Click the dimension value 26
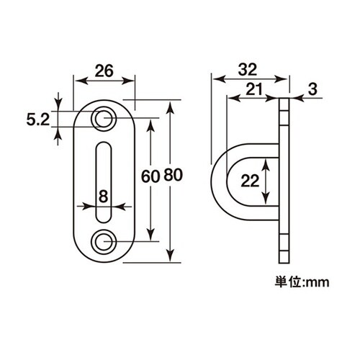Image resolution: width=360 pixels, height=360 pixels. (104, 71)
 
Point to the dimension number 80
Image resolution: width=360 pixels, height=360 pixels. (173, 176)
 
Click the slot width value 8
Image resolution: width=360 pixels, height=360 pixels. (104, 195)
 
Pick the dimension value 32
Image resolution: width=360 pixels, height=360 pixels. (250, 71)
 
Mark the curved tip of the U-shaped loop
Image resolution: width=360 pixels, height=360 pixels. (214, 184)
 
